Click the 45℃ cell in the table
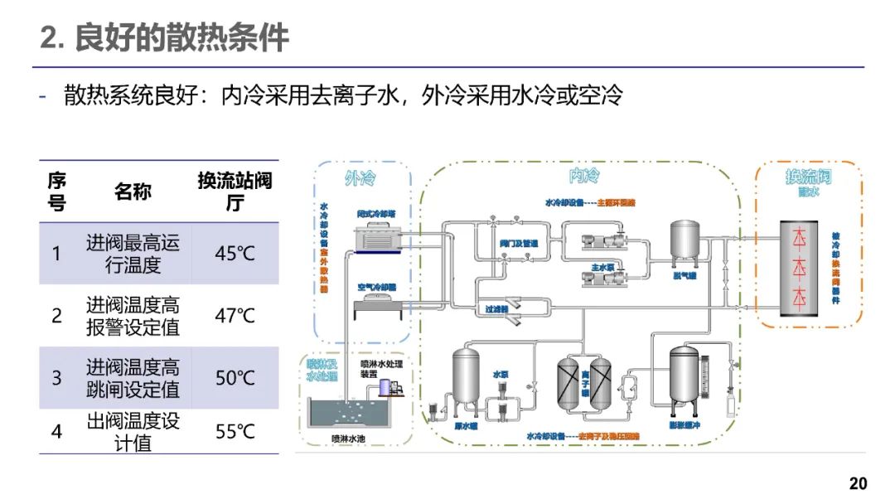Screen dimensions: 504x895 [235, 254]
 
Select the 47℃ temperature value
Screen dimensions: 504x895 [235, 316]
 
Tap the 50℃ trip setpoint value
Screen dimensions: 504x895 [235, 378]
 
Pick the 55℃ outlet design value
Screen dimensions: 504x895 [235, 432]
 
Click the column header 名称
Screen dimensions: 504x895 [133, 191]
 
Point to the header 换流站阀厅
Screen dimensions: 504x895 [235, 191]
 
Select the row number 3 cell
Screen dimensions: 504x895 [56, 378]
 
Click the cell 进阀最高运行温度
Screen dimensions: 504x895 [133, 254]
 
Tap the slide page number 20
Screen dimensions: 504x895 [858, 483]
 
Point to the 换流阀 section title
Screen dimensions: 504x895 [808, 177]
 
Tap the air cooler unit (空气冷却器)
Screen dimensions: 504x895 [381, 308]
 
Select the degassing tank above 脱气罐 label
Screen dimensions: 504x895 [686, 240]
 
